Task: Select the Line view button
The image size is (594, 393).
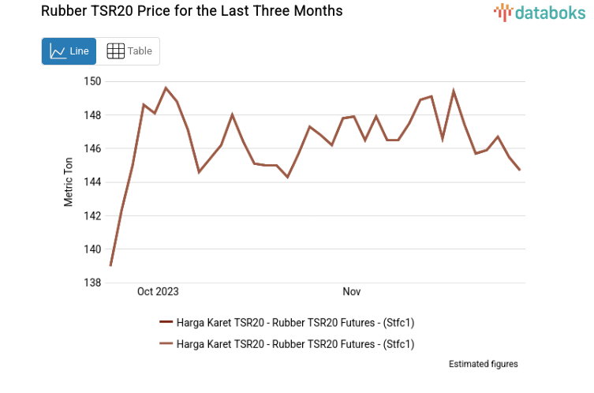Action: point(69,51)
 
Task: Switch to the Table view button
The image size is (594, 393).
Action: point(129,51)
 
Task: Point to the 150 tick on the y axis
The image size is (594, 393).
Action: point(92,81)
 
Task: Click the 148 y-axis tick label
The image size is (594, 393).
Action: point(92,115)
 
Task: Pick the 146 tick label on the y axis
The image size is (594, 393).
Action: point(92,148)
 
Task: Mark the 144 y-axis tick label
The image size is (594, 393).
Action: point(92,182)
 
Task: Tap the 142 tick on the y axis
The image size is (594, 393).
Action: point(92,215)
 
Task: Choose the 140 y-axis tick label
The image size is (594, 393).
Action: point(92,249)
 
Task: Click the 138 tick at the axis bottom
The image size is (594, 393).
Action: point(92,283)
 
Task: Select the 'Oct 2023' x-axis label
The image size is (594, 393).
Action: point(158,292)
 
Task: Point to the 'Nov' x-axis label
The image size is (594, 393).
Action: point(352,292)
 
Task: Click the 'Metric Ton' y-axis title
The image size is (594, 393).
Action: point(69,182)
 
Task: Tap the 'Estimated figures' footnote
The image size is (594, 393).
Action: point(483,364)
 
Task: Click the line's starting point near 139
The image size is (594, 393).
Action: point(110,265)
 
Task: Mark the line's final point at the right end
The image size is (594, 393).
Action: point(520,170)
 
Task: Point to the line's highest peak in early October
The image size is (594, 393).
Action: point(166,88)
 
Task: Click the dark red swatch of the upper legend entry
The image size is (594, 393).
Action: point(166,321)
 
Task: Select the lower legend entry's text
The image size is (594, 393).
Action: point(295,343)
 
